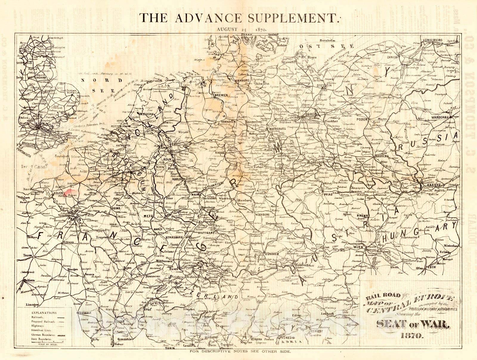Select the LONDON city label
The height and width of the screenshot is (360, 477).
(x=44, y=126)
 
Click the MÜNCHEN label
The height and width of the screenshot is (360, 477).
(x=271, y=254)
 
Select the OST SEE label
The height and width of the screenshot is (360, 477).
(x=326, y=46)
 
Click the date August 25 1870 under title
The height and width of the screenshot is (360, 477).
(x=241, y=29)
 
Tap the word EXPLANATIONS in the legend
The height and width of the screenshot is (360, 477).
(x=44, y=313)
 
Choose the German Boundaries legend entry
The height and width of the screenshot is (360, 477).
(x=43, y=335)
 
